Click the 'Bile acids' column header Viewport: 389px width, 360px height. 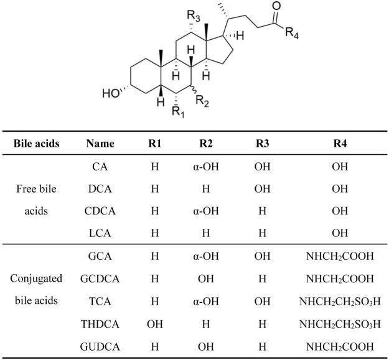coord(37,144)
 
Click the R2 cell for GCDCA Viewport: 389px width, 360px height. coord(207,278)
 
